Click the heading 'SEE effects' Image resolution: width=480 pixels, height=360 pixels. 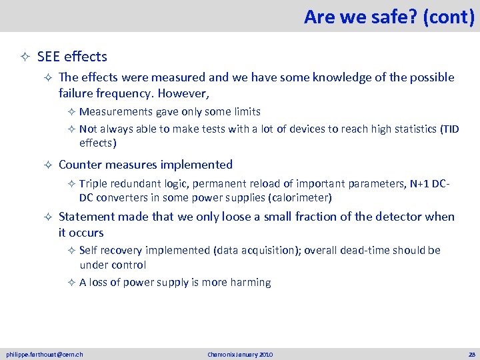(x=72, y=57)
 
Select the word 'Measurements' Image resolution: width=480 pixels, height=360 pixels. (x=115, y=111)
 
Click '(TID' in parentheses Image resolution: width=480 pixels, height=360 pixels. (x=449, y=129)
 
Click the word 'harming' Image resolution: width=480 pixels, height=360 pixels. (x=250, y=282)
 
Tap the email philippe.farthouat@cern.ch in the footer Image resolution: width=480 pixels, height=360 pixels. (x=45, y=354)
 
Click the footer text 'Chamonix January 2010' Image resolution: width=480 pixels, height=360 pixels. (x=239, y=354)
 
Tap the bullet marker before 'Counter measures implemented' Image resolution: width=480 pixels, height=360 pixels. (x=47, y=165)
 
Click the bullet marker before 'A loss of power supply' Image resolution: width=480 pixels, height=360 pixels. (x=71, y=283)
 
